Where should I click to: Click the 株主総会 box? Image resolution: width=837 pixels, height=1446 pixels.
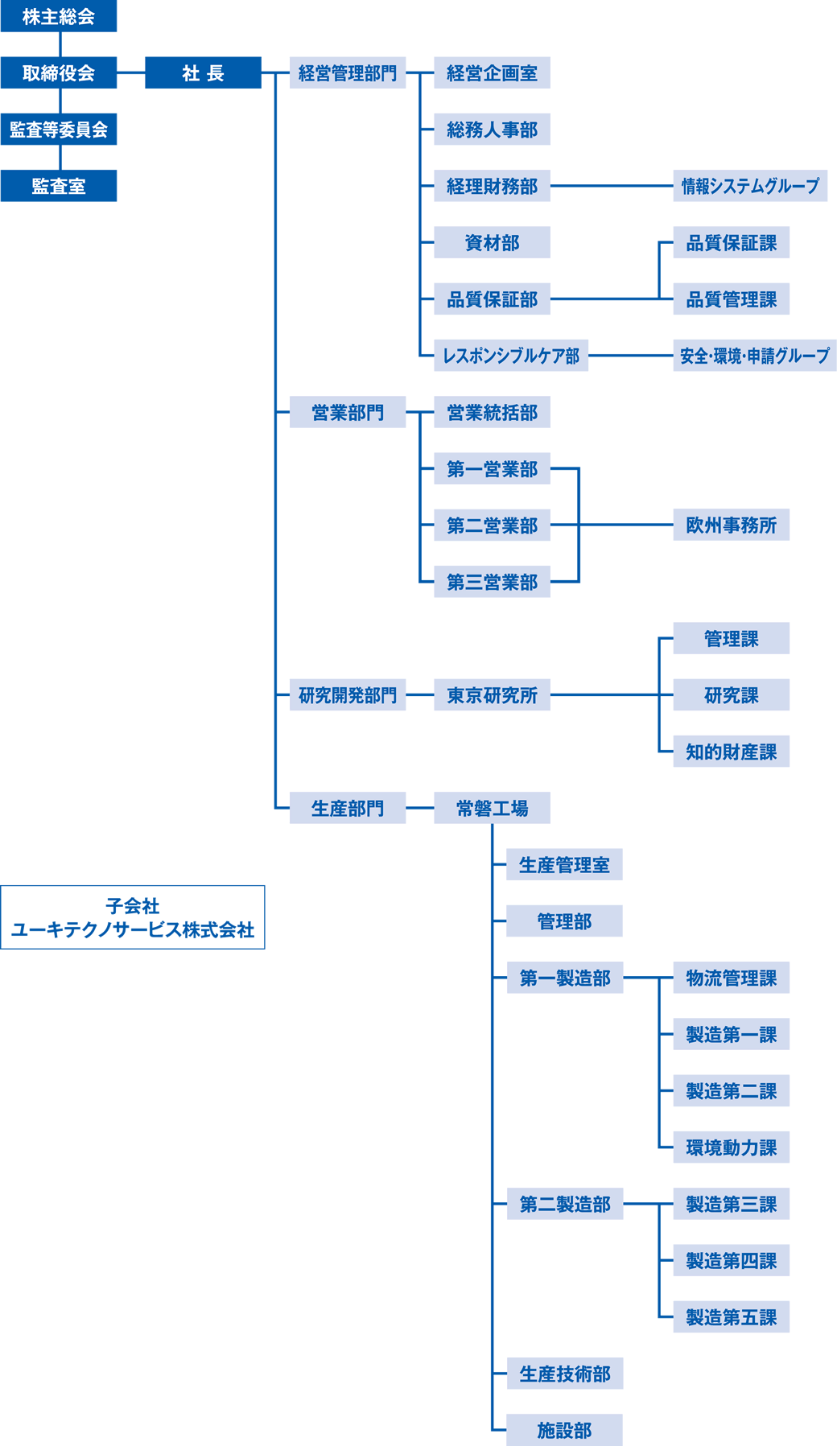(59, 16)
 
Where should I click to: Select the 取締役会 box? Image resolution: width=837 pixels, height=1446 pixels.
(59, 73)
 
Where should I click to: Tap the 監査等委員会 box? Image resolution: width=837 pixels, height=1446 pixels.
(59, 130)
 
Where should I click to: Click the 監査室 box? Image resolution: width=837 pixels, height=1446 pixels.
(59, 186)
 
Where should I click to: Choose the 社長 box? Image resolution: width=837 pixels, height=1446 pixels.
(203, 73)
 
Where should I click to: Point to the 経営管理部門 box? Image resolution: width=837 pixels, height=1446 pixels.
(348, 73)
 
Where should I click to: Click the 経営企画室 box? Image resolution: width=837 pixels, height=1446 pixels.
(492, 73)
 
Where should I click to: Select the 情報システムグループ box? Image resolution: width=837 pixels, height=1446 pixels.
(750, 186)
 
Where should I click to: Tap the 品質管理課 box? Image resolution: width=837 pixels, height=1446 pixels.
(731, 299)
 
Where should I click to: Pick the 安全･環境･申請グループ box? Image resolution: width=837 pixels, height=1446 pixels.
(755, 356)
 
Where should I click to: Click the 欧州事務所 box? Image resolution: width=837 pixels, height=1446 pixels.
(731, 525)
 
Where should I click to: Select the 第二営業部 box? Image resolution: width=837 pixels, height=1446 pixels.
(492, 525)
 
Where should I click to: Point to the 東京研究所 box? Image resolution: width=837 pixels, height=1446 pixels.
(492, 695)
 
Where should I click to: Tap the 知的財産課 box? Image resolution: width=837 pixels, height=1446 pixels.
(731, 752)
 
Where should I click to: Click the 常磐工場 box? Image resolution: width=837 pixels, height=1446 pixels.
(492, 808)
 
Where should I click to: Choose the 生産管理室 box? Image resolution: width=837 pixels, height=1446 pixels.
(564, 865)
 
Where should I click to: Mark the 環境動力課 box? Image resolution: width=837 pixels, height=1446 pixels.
(731, 1147)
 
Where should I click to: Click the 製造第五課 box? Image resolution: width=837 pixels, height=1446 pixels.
(731, 1317)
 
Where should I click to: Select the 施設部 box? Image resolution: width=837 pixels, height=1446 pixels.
(564, 1430)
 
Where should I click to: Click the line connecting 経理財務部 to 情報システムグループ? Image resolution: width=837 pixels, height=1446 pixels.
(612, 186)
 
